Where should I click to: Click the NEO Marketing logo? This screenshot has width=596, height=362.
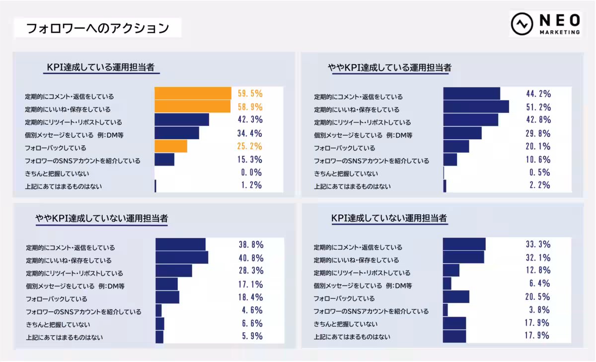click(x=545, y=24)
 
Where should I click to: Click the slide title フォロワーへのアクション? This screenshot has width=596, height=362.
click(x=97, y=28)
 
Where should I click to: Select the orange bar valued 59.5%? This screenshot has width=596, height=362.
click(x=193, y=93)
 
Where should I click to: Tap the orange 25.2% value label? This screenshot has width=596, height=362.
click(x=250, y=146)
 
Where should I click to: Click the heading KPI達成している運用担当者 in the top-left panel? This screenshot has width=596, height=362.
click(x=103, y=68)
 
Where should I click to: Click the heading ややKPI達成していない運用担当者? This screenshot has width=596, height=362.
click(x=101, y=218)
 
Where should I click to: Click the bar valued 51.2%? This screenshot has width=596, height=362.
click(x=476, y=106)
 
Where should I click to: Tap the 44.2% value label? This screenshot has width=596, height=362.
click(x=538, y=93)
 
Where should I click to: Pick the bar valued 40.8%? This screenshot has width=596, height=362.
click(x=182, y=257)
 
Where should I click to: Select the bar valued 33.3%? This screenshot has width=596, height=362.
click(x=464, y=244)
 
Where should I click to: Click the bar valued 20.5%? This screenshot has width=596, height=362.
click(x=456, y=297)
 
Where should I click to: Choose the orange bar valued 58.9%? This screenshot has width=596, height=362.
click(x=193, y=106)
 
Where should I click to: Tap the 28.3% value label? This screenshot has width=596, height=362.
click(x=251, y=271)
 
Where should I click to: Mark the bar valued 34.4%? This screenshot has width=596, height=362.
click(x=177, y=133)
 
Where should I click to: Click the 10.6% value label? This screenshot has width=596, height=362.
click(x=538, y=160)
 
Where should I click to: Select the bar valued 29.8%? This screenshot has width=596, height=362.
click(x=462, y=133)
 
